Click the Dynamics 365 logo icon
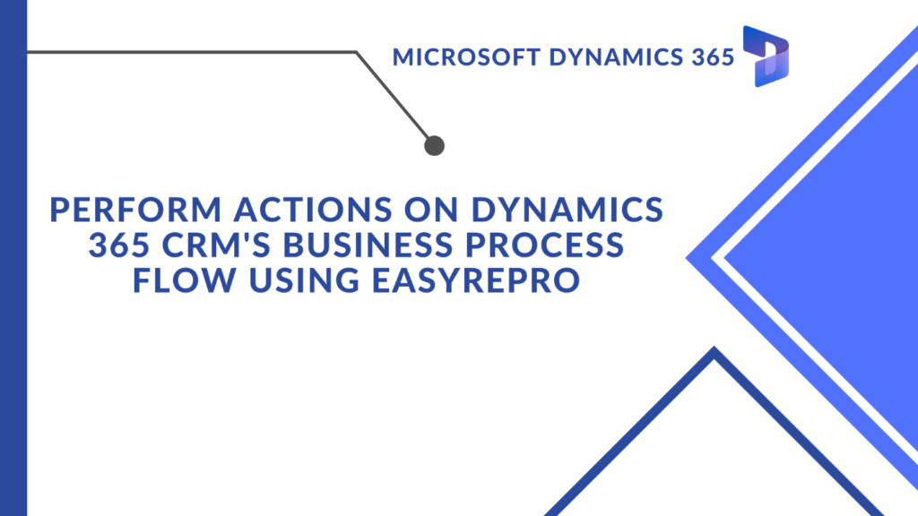point(766,56)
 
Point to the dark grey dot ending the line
point(435,146)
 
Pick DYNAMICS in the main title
point(567,210)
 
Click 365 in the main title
point(119,245)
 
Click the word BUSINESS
point(368,245)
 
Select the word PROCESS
point(545,245)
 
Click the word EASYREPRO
point(476,279)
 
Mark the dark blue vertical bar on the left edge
point(13,258)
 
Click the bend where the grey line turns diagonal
point(356,53)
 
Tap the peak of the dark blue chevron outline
point(714,348)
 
